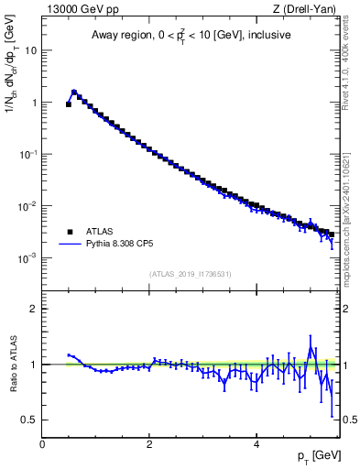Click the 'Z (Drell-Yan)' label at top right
pos(304,9)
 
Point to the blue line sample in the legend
pos(71,245)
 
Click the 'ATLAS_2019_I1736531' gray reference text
pos(190,274)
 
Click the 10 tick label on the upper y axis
pos(29,51)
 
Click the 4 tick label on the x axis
pos(256,443)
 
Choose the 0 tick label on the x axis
pos(42,443)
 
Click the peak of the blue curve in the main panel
pos(74,92)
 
